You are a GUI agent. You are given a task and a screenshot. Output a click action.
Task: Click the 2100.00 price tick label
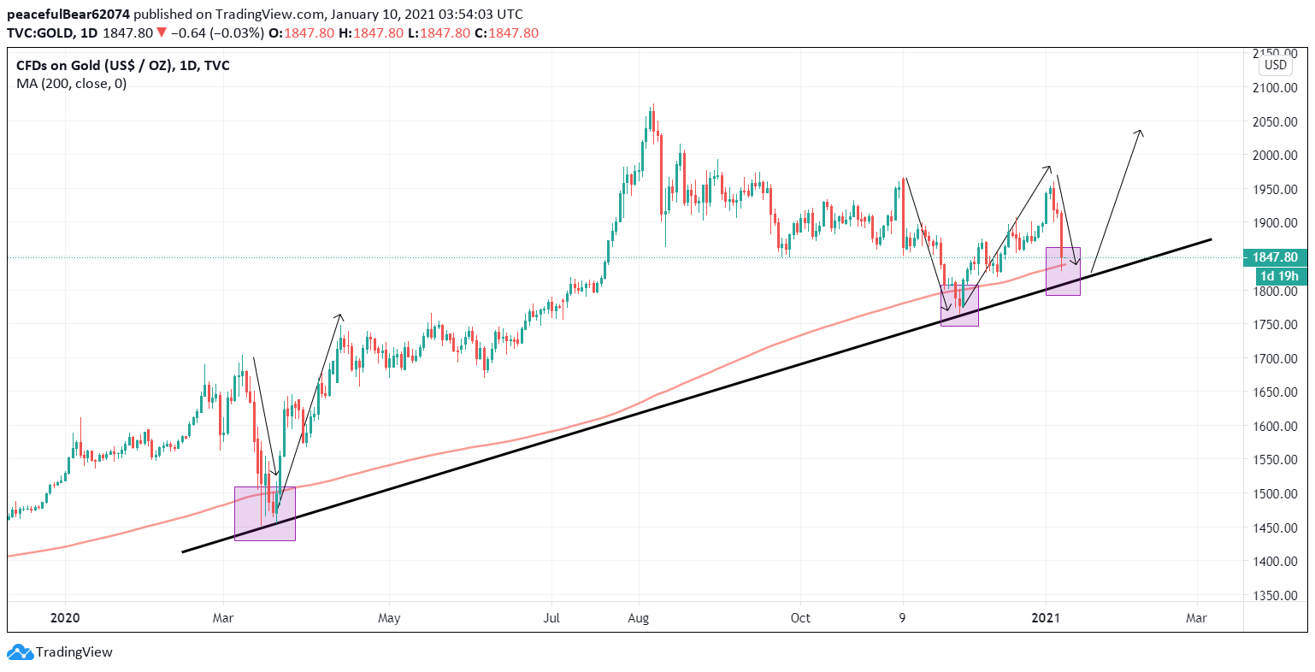(x=1275, y=88)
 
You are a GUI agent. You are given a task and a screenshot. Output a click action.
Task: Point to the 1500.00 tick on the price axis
(x=1275, y=494)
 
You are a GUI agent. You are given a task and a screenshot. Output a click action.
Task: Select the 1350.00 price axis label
(x=1275, y=596)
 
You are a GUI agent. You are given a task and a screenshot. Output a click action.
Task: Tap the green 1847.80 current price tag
(x=1275, y=257)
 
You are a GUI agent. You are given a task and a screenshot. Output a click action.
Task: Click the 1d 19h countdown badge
(x=1279, y=276)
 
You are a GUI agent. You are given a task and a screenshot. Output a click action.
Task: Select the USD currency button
(x=1275, y=65)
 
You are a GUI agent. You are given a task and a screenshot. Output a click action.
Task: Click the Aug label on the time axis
(x=639, y=618)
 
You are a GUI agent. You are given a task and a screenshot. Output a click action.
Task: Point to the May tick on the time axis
(x=389, y=618)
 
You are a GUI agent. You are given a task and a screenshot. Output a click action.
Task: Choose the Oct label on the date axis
(x=800, y=618)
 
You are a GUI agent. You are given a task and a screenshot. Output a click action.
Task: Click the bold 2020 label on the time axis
(x=65, y=618)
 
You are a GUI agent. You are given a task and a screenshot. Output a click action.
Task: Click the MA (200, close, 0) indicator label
(x=71, y=84)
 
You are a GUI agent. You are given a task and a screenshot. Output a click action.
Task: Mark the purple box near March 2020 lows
(x=265, y=514)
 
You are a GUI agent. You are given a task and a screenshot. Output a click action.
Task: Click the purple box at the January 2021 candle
(x=1063, y=272)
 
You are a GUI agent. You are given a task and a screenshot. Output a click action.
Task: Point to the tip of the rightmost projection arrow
(x=1141, y=131)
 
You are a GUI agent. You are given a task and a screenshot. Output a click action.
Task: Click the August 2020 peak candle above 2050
(x=652, y=115)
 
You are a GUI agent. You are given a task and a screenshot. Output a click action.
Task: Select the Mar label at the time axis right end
(x=1197, y=618)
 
